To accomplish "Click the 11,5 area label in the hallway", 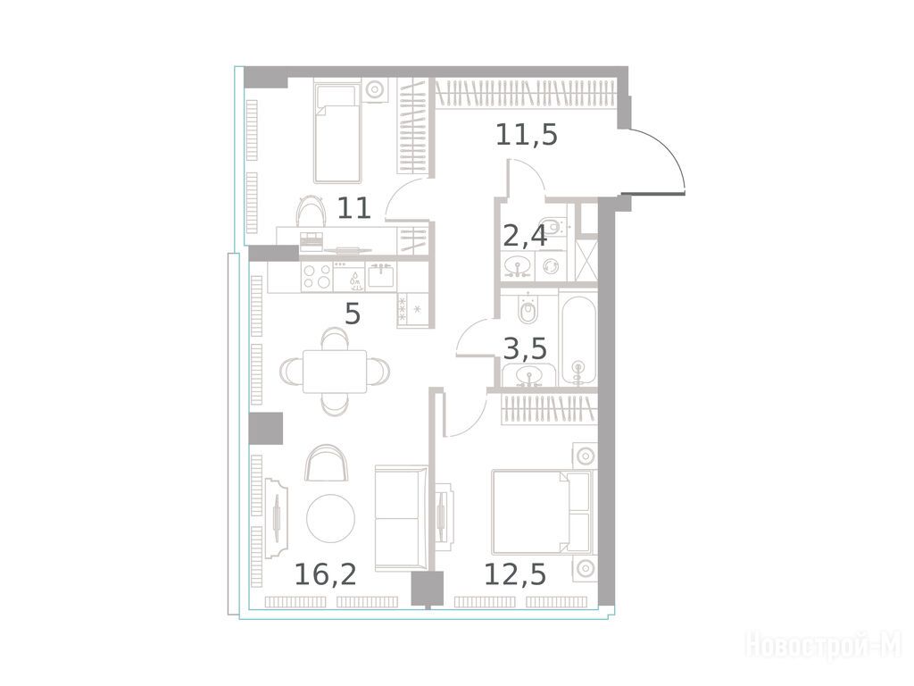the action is (527, 135).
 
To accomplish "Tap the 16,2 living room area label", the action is (325, 574).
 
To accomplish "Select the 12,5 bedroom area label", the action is (515, 574).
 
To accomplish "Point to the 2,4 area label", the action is (525, 236).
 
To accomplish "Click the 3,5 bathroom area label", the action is (525, 349).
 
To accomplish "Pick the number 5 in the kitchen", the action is (353, 314).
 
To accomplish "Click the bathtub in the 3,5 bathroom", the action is (577, 339).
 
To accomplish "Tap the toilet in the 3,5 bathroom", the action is (528, 307).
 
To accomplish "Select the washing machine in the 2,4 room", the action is (550, 266).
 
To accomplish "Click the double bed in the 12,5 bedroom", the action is (542, 512).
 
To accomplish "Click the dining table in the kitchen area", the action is (335, 372).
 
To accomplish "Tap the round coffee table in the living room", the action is (330, 519).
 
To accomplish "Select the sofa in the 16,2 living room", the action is (401, 518).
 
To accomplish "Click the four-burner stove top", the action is (317, 277).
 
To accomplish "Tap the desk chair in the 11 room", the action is (312, 209).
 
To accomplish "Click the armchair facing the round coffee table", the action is (327, 463).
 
